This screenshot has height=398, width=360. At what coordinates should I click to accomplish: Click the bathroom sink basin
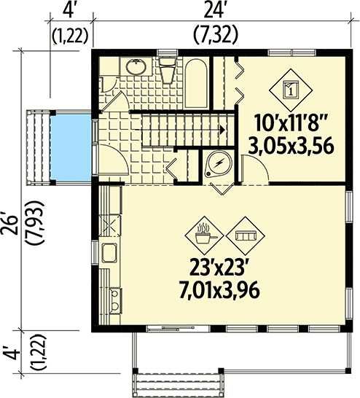[136, 66]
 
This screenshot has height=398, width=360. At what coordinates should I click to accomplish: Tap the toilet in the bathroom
[168, 70]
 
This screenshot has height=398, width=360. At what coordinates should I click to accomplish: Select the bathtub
[195, 84]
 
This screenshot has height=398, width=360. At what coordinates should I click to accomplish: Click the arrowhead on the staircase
[222, 130]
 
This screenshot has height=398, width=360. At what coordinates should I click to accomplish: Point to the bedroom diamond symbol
[291, 89]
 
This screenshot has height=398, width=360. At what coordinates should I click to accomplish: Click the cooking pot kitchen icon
[204, 235]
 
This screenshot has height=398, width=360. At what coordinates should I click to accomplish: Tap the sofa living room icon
[246, 235]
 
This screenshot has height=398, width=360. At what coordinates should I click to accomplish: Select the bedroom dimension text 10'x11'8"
[290, 123]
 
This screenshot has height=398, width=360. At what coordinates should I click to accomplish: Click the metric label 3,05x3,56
[291, 147]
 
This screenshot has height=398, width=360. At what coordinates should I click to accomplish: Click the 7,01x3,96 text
[219, 291]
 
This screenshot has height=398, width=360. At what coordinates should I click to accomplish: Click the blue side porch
[71, 148]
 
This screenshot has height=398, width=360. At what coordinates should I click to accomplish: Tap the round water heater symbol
[219, 164]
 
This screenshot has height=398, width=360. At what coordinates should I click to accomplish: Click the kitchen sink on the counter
[109, 252]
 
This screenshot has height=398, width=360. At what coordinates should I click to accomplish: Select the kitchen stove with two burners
[116, 300]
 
